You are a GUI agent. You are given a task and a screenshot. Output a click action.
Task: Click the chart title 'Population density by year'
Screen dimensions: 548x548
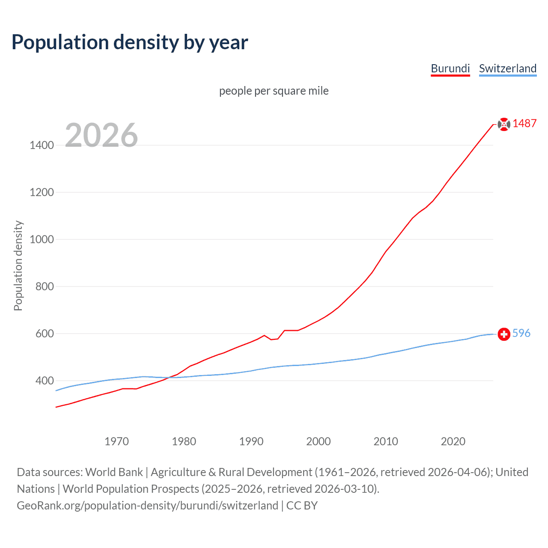(130, 42)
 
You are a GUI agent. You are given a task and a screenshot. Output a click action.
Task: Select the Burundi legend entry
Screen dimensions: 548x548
(450, 68)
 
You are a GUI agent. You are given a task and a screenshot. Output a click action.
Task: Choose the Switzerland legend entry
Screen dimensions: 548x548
(507, 68)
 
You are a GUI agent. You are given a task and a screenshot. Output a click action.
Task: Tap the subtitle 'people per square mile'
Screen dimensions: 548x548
(274, 91)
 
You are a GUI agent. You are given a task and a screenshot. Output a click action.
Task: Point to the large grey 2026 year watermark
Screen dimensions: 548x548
(101, 135)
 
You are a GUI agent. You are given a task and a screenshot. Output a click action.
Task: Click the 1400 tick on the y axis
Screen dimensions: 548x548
(42, 145)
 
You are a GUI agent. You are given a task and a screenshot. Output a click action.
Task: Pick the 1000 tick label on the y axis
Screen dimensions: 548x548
(42, 239)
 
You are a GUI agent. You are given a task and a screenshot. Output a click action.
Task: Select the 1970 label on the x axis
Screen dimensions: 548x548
(116, 441)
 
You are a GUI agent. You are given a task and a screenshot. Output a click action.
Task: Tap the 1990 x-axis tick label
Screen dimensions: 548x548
(251, 441)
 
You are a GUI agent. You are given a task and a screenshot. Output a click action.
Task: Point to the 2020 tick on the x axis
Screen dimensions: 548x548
(453, 441)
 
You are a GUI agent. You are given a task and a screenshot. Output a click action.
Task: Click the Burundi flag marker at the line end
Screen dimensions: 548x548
(504, 124)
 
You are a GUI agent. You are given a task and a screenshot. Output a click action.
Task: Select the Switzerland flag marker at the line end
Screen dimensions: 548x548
(504, 334)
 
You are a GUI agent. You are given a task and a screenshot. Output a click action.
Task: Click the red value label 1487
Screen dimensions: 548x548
(524, 123)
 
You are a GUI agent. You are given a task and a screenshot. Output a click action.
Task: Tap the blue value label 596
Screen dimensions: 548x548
(521, 333)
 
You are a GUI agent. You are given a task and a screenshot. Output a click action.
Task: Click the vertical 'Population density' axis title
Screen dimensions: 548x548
(18, 265)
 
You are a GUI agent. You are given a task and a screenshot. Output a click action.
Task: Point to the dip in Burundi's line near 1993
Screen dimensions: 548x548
(271, 340)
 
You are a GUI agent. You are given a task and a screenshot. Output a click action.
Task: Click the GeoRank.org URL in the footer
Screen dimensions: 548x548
(147, 506)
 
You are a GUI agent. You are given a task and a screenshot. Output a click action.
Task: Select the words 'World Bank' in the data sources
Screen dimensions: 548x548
(114, 472)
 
